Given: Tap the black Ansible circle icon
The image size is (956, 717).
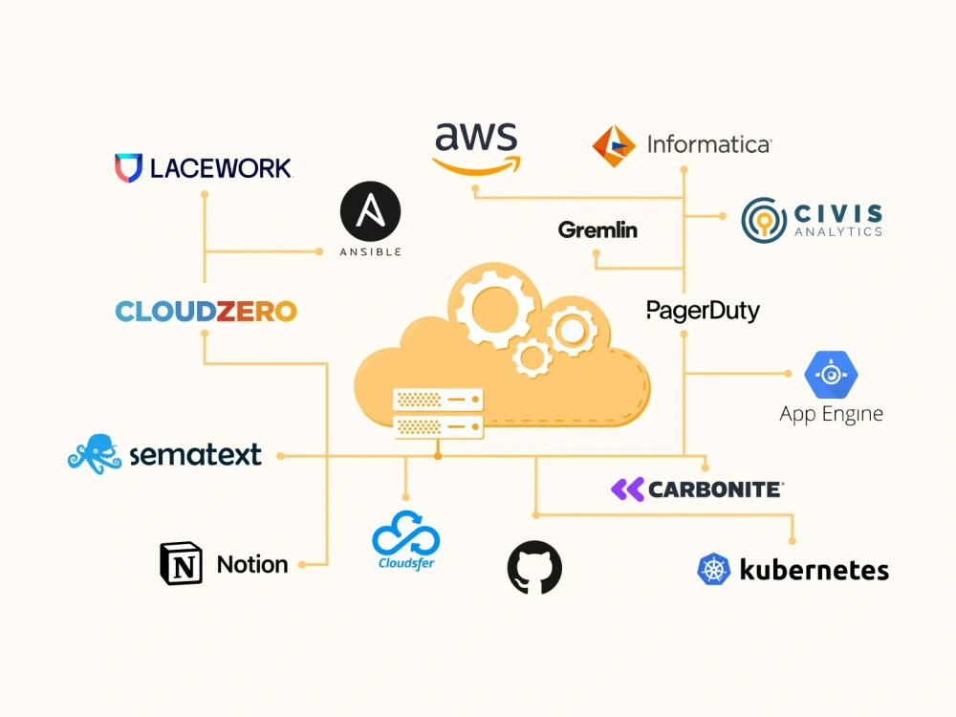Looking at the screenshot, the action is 370,211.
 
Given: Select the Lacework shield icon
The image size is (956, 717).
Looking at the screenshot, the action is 128,167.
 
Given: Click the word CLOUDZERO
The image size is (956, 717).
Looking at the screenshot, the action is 206,312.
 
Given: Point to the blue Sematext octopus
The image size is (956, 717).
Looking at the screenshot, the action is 95,453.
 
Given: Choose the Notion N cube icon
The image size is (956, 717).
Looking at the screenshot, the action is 181,563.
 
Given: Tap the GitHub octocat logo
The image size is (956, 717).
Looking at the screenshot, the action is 534,568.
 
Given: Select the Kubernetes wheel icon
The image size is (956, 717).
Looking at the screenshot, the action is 713,570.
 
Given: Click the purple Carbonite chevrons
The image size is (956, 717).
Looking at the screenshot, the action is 627,489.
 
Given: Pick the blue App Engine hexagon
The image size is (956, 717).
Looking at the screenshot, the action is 831,375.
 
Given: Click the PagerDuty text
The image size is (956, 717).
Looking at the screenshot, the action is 703,311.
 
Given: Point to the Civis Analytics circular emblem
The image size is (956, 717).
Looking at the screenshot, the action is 764,220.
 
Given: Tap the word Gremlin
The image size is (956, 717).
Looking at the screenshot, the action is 597,229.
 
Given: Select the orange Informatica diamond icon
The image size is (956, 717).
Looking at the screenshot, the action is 614,146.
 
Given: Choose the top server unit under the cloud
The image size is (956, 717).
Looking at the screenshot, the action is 438,400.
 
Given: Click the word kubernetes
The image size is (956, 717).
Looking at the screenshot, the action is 814,570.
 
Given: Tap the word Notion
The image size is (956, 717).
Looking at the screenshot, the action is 252,565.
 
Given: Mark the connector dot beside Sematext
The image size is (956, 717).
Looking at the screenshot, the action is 280,456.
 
